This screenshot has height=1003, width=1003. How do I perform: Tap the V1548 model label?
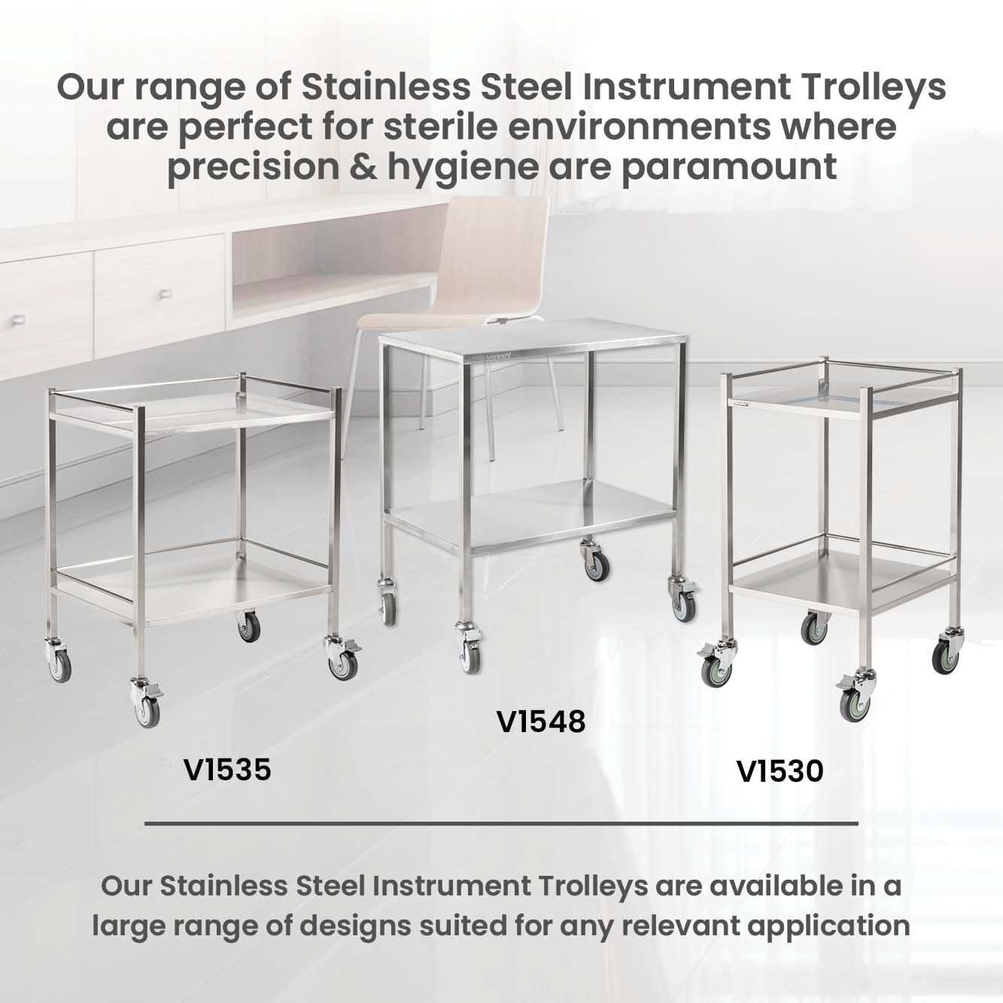pyautogui.click(x=541, y=722)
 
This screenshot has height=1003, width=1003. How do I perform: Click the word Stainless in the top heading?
pyautogui.click(x=386, y=87)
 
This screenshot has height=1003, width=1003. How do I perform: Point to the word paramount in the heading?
pyautogui.click(x=730, y=168)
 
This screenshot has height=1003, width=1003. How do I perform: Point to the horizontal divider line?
pyautogui.click(x=501, y=824)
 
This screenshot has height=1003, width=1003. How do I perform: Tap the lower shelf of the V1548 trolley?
pyautogui.click(x=531, y=516)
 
